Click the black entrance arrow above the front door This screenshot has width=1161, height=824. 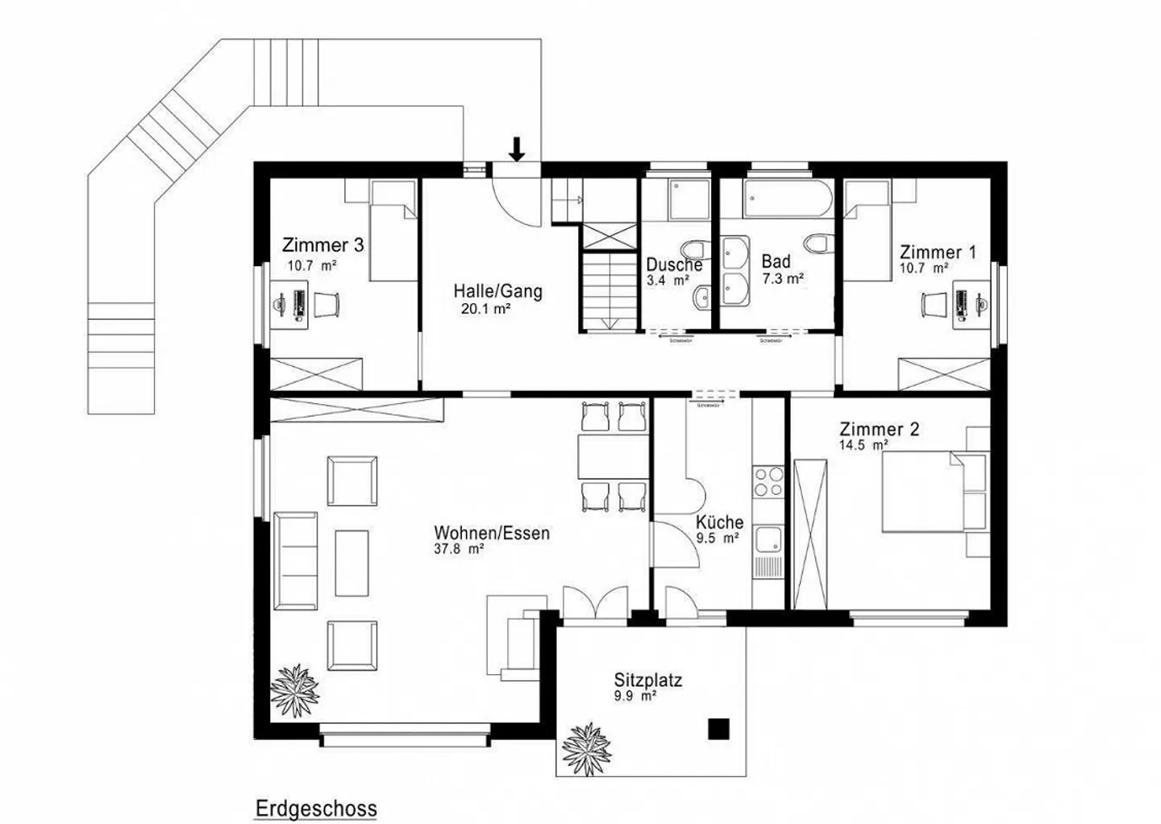517,148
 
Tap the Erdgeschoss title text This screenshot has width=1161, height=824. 316,808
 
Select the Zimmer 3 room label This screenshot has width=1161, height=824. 322,245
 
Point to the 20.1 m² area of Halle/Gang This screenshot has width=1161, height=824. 485,308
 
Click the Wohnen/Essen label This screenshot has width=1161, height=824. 492,533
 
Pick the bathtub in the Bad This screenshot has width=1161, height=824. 788,198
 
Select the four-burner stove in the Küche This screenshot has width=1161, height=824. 768,481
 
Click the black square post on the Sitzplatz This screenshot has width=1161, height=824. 718,729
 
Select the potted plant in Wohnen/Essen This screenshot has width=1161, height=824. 294,689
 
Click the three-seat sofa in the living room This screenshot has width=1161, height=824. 295,560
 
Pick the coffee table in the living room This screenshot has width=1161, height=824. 352,562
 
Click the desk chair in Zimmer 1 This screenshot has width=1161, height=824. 932,304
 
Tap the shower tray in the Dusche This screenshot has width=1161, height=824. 688,198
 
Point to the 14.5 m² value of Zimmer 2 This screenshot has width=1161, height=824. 863,445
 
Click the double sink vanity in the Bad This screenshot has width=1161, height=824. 734,272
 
